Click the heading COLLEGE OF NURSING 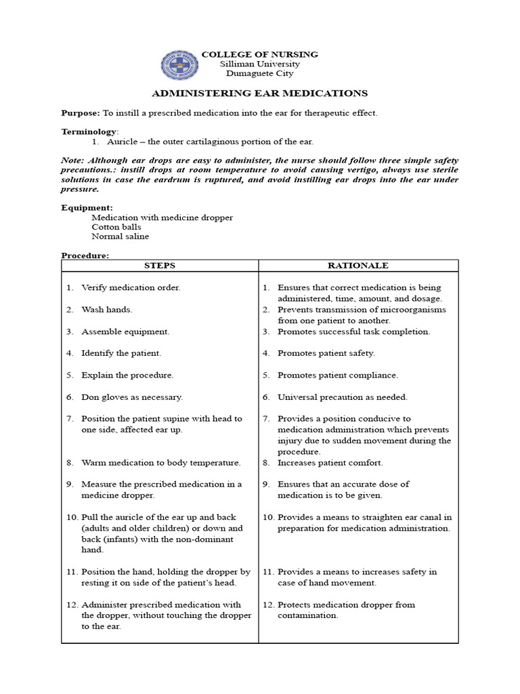coord(260,54)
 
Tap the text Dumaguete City coord(260,74)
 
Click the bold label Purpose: coord(81,113)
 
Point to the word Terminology coord(89,131)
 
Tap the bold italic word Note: coord(73,159)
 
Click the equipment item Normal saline coord(121,237)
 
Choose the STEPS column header coord(160,266)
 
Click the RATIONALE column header coord(358,266)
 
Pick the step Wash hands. coord(107,310)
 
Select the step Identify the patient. coord(121,353)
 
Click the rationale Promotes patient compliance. coord(338,375)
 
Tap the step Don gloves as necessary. coord(132,397)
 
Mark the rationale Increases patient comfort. coord(330,463)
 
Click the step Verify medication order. coord(131,287)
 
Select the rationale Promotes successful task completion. coord(353,331)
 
